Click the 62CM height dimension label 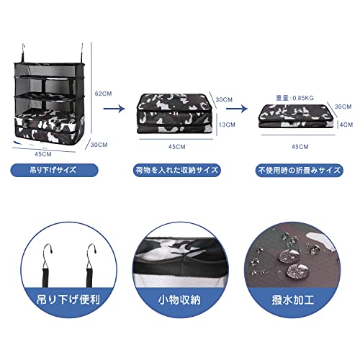[x=104, y=94]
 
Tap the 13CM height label [x=227, y=125]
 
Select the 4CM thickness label [x=346, y=125]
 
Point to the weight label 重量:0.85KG [x=295, y=98]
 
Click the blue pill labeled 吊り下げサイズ [x=54, y=170]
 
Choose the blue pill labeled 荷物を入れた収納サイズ [x=177, y=170]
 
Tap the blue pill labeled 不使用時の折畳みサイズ [x=300, y=170]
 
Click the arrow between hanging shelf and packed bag [x=114, y=109]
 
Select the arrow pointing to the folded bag [x=237, y=109]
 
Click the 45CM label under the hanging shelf [x=43, y=154]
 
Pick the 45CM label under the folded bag [x=300, y=147]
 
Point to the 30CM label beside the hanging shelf [x=99, y=145]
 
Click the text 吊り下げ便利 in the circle [x=68, y=300]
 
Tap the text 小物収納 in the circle [x=179, y=300]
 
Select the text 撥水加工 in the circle [x=293, y=300]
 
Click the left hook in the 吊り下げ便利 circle [x=48, y=265]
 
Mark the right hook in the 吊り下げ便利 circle [x=91, y=265]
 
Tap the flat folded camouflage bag [x=296, y=116]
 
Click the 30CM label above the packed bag [x=224, y=99]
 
